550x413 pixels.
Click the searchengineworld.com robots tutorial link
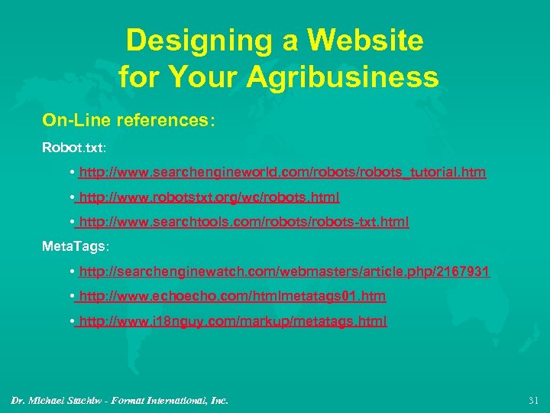pos(282,173)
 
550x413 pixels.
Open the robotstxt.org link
pos(209,197)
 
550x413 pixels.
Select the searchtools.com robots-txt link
pos(244,222)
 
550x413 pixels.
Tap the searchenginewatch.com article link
pos(283,272)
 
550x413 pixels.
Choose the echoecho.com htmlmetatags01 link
pos(232,296)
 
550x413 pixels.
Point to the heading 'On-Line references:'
pos(129,120)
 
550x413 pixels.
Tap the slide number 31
pos(533,400)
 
